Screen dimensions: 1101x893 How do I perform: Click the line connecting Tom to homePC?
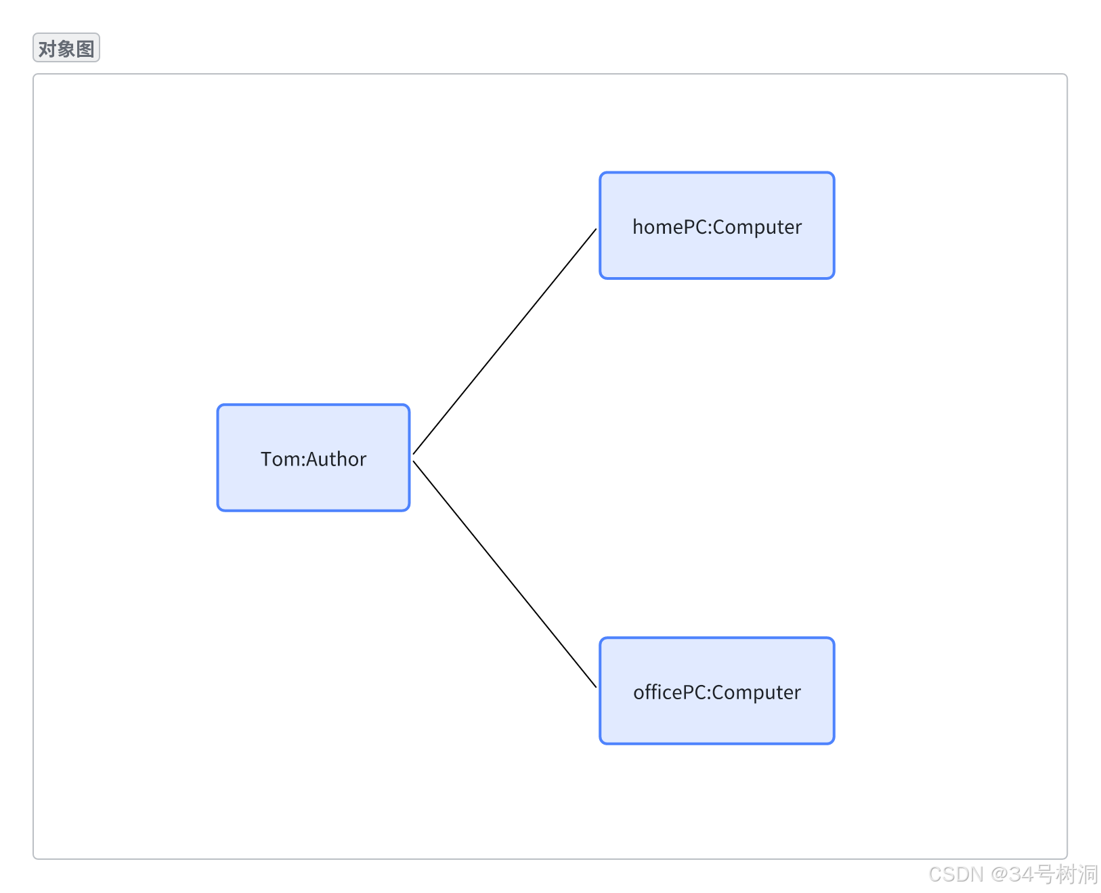pyautogui.click(x=504, y=341)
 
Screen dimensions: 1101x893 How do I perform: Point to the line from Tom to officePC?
pyautogui.click(x=504, y=575)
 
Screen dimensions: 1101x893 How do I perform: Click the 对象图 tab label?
pyautogui.click(x=66, y=49)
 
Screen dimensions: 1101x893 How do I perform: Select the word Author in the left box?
pyautogui.click(x=337, y=459)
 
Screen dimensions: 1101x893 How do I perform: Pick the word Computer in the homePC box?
pyautogui.click(x=757, y=227)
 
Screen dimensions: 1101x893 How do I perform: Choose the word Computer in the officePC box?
pyautogui.click(x=756, y=692)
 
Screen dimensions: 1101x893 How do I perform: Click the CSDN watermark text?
pyautogui.click(x=955, y=874)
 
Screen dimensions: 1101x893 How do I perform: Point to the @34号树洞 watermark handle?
pyautogui.click(x=1043, y=874)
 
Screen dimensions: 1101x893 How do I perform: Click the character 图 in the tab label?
pyautogui.click(x=85, y=49)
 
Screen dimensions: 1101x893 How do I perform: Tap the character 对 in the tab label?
pyautogui.click(x=47, y=49)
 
